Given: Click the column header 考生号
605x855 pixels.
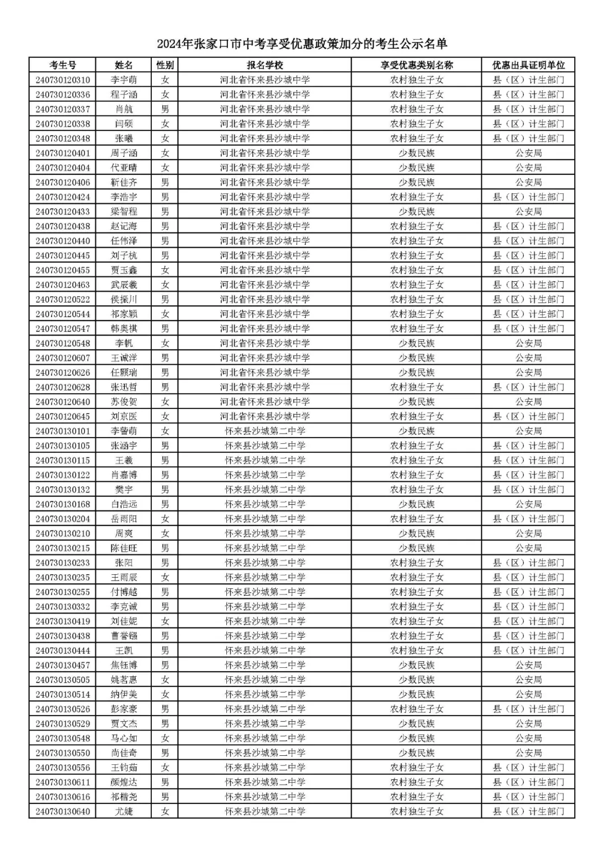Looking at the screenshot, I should [x=62, y=65].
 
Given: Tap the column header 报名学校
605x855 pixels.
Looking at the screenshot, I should [x=264, y=65].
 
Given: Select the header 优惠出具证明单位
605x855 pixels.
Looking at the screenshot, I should [x=528, y=65].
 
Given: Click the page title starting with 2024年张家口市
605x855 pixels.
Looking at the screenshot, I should [x=302, y=44].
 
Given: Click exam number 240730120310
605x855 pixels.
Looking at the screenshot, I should [x=62, y=80].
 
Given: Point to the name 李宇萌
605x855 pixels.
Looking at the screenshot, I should [x=123, y=80].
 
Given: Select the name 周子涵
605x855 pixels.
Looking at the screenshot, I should [x=123, y=153].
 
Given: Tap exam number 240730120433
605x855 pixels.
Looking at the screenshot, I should [x=62, y=212].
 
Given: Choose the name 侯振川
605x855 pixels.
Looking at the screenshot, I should [x=123, y=299].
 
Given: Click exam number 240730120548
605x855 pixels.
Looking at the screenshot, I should [x=62, y=343].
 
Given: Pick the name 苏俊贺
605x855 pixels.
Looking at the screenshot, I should [x=123, y=402].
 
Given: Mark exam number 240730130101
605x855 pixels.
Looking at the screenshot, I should [x=62, y=431].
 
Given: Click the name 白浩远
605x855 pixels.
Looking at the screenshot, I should [x=123, y=504].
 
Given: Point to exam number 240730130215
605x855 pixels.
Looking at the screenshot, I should [x=62, y=548].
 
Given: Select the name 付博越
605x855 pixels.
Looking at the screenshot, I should [x=123, y=592].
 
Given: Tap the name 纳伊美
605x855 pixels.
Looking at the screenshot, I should [x=123, y=694].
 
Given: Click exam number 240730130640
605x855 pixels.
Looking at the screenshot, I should [x=62, y=811].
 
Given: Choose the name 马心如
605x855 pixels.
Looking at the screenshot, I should [x=123, y=738].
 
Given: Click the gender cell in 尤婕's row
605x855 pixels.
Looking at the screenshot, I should [x=165, y=811].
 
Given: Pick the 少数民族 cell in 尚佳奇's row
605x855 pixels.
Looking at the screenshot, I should [x=416, y=753].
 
